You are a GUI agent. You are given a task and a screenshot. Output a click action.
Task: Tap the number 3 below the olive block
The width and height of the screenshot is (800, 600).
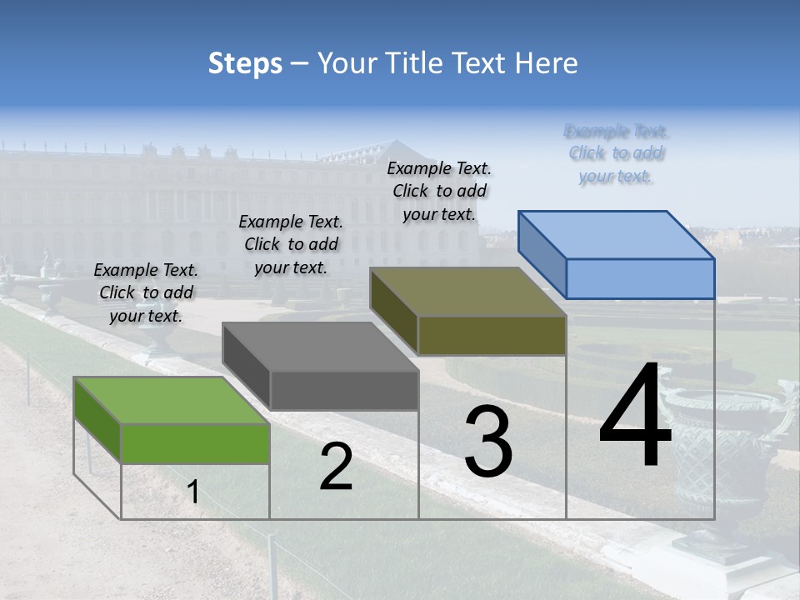coord(487,442)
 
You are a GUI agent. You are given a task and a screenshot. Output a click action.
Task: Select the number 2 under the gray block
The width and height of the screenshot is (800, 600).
coord(336,467)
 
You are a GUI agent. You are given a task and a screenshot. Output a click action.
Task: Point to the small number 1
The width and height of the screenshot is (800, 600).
coord(192,493)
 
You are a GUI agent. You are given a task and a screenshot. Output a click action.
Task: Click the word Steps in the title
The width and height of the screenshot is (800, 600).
coord(245,63)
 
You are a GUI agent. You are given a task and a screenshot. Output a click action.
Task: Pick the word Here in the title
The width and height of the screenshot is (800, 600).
coord(546,63)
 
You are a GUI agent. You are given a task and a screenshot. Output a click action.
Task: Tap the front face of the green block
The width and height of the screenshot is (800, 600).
coord(195,443)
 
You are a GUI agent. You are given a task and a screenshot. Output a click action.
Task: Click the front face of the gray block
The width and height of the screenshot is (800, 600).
coord(343,391)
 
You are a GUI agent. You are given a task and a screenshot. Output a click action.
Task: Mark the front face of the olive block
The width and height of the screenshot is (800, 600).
coord(492,335)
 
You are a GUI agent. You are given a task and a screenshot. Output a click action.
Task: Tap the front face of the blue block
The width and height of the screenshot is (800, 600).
coord(640,278)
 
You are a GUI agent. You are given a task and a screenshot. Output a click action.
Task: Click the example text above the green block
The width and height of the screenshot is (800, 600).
coord(146,293)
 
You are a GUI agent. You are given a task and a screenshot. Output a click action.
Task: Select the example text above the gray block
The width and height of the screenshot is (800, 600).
coord(291,244)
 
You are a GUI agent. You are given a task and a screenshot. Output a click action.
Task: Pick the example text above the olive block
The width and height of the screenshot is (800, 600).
coord(439,191)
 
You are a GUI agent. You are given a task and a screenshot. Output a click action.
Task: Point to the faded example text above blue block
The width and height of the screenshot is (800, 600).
coord(617,153)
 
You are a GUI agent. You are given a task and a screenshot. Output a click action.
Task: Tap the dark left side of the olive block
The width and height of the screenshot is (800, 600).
coord(393,311)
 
